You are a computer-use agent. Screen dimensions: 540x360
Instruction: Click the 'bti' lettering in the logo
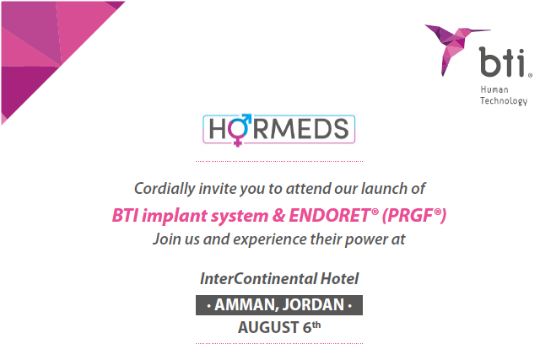coord(502,62)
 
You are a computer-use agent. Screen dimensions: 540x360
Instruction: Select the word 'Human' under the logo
coord(494,90)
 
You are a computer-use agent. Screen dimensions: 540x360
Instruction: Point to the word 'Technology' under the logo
coord(504,101)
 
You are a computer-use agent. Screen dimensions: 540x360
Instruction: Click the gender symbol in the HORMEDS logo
coord(239,130)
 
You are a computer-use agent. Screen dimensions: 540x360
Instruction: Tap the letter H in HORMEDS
coord(218,129)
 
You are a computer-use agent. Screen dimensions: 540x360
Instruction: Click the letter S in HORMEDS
coord(341,129)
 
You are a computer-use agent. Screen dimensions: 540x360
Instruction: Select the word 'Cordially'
coord(165,189)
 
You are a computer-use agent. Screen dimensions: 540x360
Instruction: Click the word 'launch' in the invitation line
coord(382,189)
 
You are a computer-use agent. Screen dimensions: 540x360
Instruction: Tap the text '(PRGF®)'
coord(414,216)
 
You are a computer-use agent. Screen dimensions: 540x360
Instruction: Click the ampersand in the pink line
coord(278,216)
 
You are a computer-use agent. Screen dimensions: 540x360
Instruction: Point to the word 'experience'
coord(270,239)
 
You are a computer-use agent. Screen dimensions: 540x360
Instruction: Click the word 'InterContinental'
coord(258,278)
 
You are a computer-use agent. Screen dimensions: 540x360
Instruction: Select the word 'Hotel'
coord(339,278)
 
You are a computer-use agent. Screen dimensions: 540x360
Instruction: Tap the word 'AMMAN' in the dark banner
coord(244,305)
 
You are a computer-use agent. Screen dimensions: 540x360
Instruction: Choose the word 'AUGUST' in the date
coord(268,327)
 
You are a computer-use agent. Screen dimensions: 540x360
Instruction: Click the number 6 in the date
coord(307,327)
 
